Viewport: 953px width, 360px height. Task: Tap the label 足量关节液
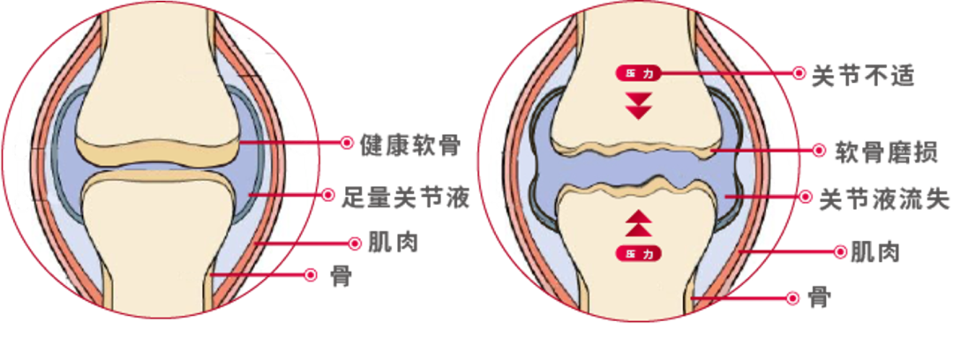coord(405,197)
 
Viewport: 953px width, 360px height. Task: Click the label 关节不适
coord(862,74)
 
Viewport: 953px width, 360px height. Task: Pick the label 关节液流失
coord(884,198)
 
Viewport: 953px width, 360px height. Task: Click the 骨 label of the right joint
coord(818,298)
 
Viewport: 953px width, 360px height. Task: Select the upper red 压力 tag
coord(637,73)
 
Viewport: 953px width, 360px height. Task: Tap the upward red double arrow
coord(637,222)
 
